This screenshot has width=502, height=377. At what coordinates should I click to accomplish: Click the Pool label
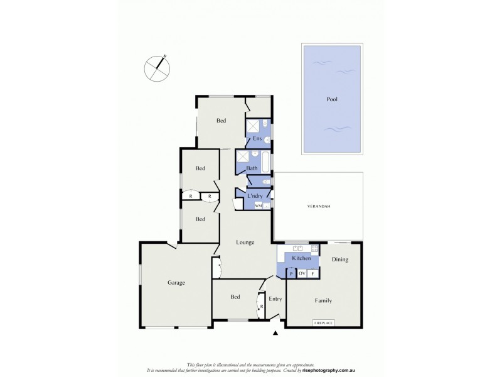332,99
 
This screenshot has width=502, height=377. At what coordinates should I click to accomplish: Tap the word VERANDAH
318,207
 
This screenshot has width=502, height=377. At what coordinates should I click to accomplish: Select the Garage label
176,283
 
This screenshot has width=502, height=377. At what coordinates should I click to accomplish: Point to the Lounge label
245,242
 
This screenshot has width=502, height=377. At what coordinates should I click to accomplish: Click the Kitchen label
301,259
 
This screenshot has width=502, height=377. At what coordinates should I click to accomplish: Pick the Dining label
339,259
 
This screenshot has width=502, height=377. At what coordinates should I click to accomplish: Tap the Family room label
323,300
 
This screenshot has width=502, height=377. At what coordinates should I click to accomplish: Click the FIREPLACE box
323,323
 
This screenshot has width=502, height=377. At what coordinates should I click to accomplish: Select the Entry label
275,298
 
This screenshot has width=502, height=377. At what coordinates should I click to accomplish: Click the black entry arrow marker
275,333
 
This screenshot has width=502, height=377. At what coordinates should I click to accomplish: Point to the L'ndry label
255,197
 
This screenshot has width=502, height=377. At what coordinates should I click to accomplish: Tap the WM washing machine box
258,205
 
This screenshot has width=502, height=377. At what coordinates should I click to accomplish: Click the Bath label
252,168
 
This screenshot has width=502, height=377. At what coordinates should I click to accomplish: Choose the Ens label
257,138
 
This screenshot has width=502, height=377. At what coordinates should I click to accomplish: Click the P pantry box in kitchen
291,273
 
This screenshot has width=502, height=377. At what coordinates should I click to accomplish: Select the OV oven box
302,273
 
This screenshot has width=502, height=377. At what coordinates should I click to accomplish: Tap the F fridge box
313,273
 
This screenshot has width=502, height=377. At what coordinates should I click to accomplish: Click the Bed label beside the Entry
235,297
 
